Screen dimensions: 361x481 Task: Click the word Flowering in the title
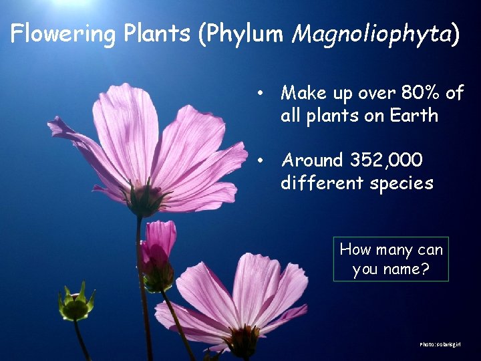click(x=62, y=33)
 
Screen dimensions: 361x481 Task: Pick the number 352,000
click(x=385, y=160)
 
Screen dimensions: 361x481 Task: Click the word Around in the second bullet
click(x=311, y=160)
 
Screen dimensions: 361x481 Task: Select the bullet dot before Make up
click(x=265, y=93)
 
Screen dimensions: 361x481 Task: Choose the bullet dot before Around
click(x=265, y=160)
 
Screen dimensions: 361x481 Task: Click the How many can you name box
click(x=391, y=259)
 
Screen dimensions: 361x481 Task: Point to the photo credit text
click(x=440, y=344)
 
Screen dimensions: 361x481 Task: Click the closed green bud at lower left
click(x=75, y=305)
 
